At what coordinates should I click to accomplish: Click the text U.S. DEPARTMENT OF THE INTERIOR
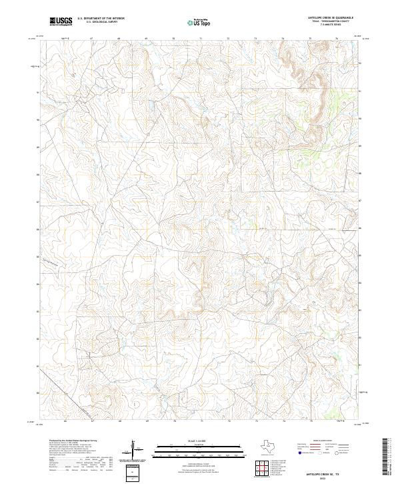click(101, 19)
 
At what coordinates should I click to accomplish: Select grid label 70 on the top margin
click(173, 39)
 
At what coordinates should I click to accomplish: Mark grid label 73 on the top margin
click(255, 39)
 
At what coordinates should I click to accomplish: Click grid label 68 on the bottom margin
click(119, 422)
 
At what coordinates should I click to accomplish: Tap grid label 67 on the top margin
click(91, 39)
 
